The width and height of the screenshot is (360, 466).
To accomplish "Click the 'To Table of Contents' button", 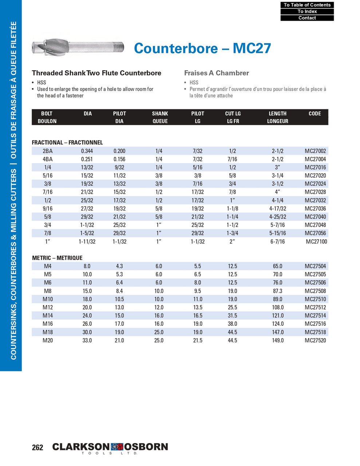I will pyautogui.click(x=307, y=5).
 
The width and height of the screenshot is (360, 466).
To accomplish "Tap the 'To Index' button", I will pyautogui.click(x=307, y=11).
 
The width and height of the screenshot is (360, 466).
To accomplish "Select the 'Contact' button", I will pyautogui.click(x=307, y=18).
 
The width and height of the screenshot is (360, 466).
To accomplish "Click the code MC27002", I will pyautogui.click(x=315, y=151).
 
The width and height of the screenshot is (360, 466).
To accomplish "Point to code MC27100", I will pyautogui.click(x=316, y=241).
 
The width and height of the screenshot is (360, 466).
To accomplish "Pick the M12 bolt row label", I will pyautogui.click(x=48, y=307).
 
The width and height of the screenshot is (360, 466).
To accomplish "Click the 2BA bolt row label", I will pyautogui.click(x=48, y=151).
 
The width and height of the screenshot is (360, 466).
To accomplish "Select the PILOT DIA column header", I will pyautogui.click(x=119, y=117).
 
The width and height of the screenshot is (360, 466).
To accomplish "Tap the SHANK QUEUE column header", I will pyautogui.click(x=160, y=117).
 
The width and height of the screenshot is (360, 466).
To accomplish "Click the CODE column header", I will pyautogui.click(x=314, y=114).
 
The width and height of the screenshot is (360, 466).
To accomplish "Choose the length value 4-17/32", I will pyautogui.click(x=277, y=209).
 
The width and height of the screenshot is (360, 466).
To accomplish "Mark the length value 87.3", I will pyautogui.click(x=277, y=291).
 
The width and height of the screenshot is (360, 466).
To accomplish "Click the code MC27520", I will pyautogui.click(x=315, y=340).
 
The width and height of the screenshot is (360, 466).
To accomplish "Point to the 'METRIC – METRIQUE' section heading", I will pyautogui.click(x=57, y=258).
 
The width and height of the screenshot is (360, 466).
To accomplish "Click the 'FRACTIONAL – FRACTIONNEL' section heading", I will pyautogui.click(x=67, y=142).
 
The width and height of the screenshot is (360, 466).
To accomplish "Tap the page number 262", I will pyautogui.click(x=37, y=447).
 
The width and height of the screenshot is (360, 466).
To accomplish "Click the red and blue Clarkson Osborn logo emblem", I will pyautogui.click(x=114, y=447).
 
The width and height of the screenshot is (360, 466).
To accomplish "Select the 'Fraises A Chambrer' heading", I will pyautogui.click(x=217, y=73).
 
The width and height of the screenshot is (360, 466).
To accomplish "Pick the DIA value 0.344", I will pyautogui.click(x=87, y=151).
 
